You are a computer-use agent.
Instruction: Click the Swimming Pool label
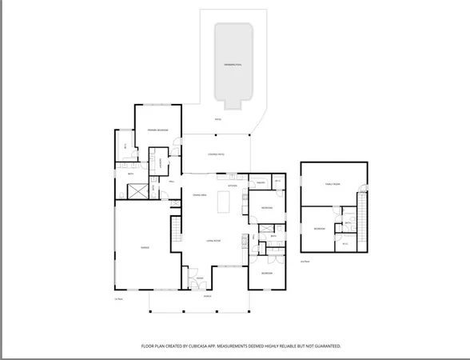pyautogui.click(x=233, y=62)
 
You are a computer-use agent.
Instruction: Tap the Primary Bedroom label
pyautogui.click(x=156, y=129)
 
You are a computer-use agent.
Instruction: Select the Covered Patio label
pyautogui.click(x=216, y=154)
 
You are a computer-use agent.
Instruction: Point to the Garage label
pyautogui.click(x=145, y=248)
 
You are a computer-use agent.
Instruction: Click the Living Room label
pyautogui.click(x=213, y=240)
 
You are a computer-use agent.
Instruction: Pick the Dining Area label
pyautogui.click(x=200, y=195)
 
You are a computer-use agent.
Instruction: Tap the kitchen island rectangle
pyautogui.click(x=221, y=203)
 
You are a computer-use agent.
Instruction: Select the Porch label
pyautogui.click(x=205, y=297)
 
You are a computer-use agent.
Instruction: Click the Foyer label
pyautogui.click(x=200, y=278)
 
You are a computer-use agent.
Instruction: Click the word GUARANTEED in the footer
pyautogui.click(x=325, y=346)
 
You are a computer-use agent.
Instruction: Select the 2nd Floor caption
pyautogui.click(x=305, y=262)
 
